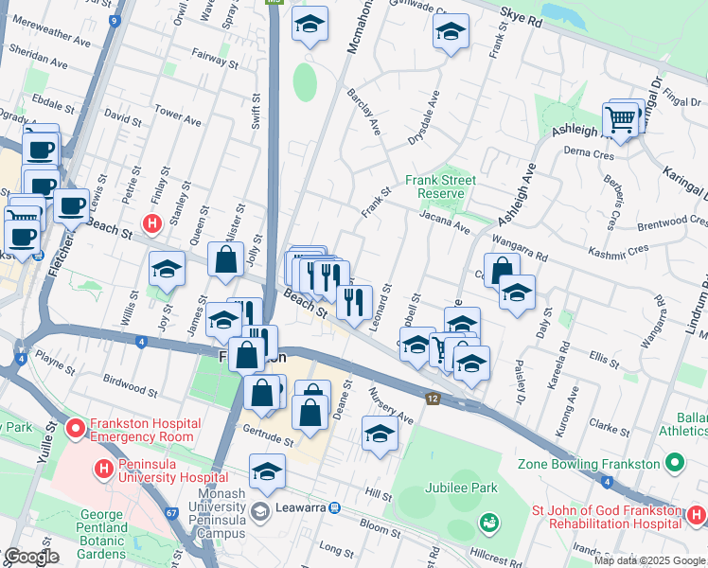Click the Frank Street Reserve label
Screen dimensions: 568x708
click(440, 186)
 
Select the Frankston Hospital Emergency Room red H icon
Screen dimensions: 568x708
click(77, 430)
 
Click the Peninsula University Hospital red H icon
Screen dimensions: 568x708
click(105, 468)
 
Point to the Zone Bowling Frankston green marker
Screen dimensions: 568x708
click(674, 464)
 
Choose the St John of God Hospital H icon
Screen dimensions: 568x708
click(697, 516)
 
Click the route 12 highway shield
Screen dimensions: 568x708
click(433, 400)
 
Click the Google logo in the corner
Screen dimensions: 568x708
click(30, 557)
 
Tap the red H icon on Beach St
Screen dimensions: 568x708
click(150, 223)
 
